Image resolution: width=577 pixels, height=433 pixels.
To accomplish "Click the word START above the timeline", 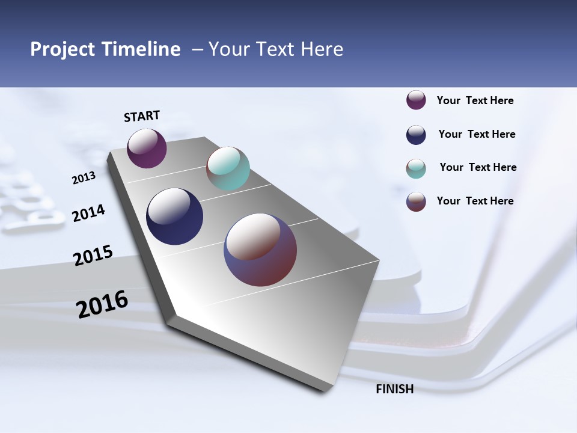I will pos(142,116).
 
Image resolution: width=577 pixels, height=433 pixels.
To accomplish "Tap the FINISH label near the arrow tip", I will pos(394,389).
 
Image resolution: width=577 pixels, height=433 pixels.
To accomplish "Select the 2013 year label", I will pos(84,178).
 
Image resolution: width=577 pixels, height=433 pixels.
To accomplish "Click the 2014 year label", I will pos(88,213).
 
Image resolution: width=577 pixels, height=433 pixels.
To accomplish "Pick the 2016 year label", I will pos(102,304).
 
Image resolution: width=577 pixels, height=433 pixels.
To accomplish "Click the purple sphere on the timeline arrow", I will pos(147,149).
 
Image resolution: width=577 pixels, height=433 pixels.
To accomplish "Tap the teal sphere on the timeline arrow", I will pos(228,168).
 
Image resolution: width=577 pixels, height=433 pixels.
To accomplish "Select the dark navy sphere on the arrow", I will pos(174,216).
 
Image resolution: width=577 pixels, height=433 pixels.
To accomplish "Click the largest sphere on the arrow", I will pos(260,250).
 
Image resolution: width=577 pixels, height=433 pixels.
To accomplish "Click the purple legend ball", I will pos(416,100).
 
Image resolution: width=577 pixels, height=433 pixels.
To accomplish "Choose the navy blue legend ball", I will pos(416,135).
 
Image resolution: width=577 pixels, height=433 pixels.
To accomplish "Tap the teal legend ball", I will pos(416,168).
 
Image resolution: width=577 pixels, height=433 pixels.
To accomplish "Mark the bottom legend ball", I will pos(416,201).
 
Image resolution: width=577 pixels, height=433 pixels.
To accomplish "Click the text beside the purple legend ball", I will pos(475,100).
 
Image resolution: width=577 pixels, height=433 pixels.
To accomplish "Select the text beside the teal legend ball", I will pos(478,167).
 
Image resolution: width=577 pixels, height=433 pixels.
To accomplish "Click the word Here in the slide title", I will pos(322,49).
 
